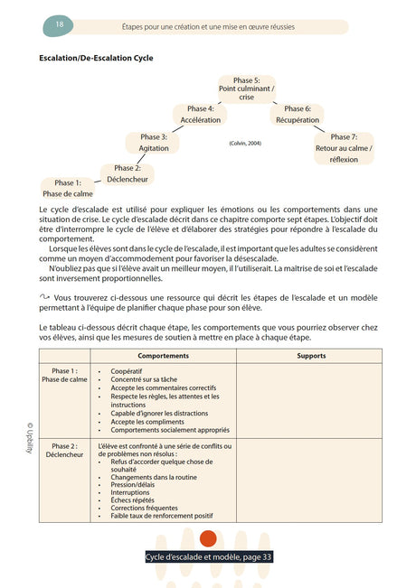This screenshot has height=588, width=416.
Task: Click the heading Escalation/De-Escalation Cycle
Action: click(96, 59)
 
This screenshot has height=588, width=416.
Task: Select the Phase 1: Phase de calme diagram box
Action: click(68, 188)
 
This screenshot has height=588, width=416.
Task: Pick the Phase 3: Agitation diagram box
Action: click(153, 142)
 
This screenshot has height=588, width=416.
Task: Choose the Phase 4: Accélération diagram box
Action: click(200, 114)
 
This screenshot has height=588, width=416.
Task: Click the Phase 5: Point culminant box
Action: click(247, 89)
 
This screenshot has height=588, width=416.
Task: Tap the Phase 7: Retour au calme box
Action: click(344, 147)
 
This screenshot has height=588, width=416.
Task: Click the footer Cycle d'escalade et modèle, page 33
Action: click(209, 557)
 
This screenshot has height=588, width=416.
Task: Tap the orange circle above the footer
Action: click(208, 539)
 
